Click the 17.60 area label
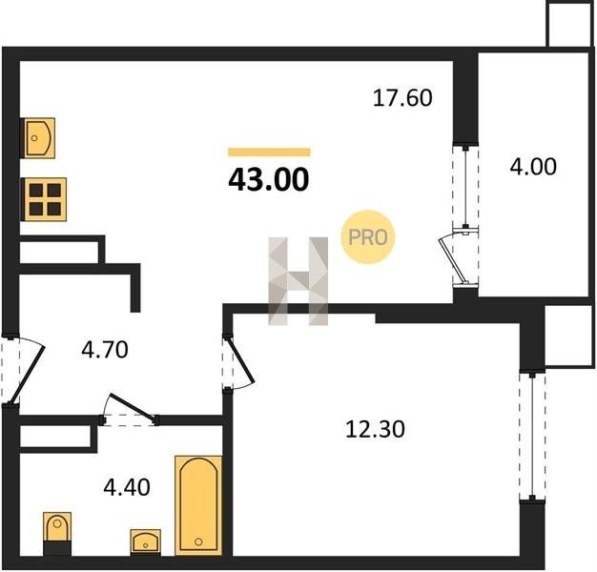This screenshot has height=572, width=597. tap(402, 98)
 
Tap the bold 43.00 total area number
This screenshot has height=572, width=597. tap(268, 179)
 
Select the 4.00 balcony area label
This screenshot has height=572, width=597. tap(533, 167)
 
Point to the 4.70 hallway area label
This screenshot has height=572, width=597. tap(105, 350)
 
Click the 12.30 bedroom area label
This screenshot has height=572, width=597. tap(375, 429)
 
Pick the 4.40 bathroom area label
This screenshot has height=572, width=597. tap(127, 487)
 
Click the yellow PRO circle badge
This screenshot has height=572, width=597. tap(368, 237)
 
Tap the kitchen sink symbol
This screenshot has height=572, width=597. tap(38, 138)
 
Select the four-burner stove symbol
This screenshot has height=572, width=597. tap(44, 199)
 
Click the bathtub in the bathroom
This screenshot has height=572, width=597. tap(198, 504)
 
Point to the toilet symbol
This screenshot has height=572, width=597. tap(57, 533)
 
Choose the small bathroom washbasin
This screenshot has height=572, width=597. tap(146, 541)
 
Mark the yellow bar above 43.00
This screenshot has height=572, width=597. tap(269, 153)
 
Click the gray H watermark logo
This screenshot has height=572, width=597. tap(298, 281)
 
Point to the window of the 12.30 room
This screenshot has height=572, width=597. tap(532, 436)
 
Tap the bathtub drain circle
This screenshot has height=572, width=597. tap(198, 541)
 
